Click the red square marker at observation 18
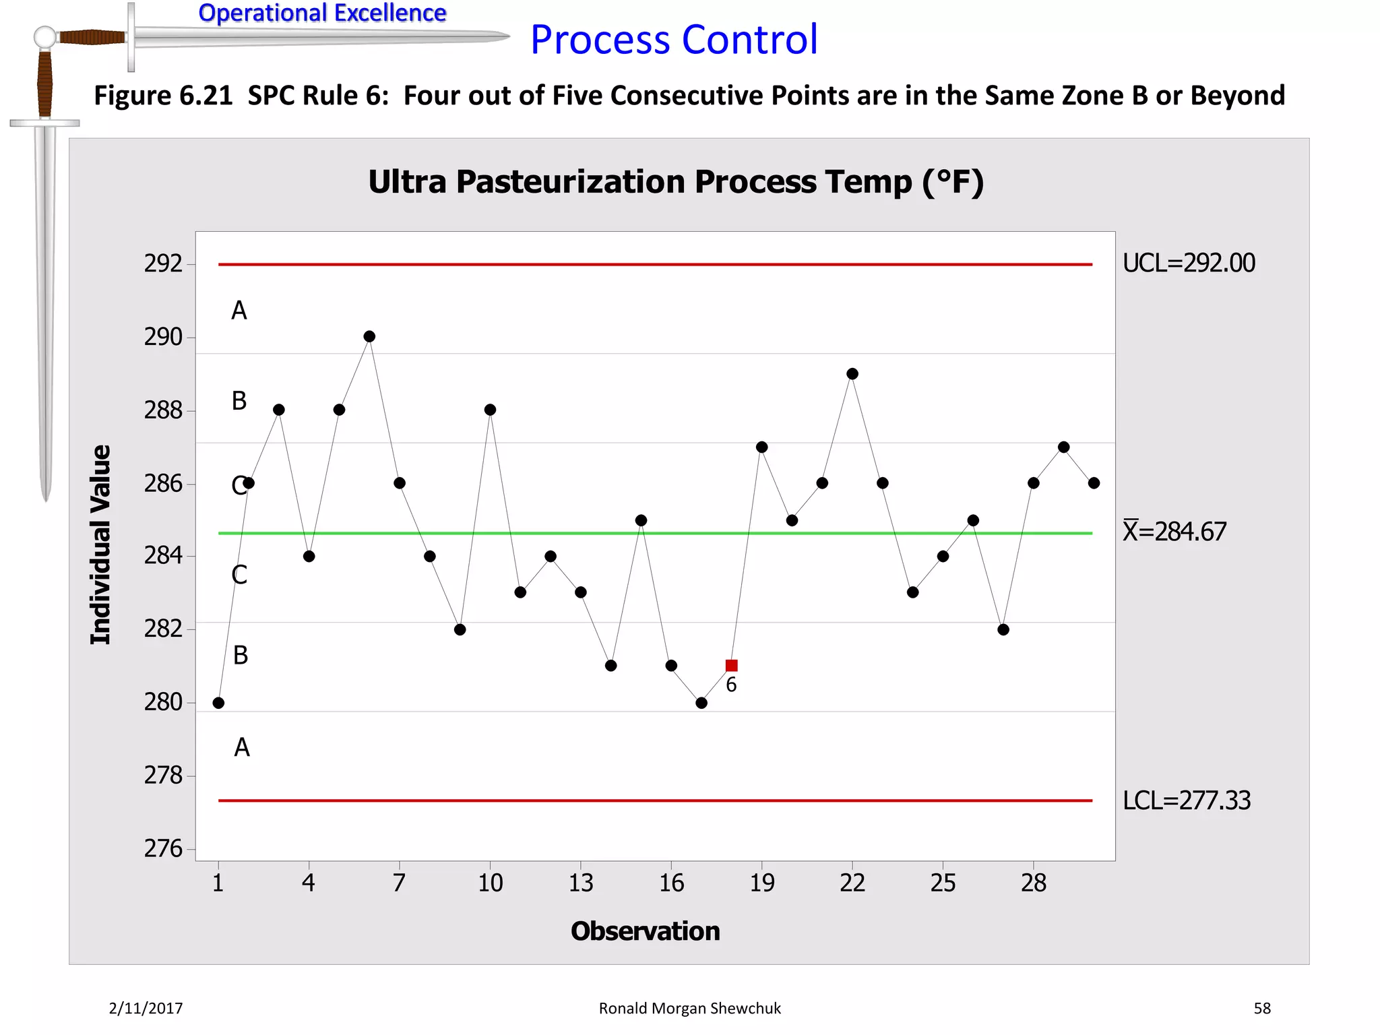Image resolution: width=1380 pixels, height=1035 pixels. point(731,665)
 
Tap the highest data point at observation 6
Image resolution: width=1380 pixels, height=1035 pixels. point(369,336)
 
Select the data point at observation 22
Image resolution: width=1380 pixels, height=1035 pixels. point(852,374)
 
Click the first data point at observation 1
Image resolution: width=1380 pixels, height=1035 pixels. point(218,703)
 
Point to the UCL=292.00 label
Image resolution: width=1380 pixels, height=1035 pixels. point(1189,263)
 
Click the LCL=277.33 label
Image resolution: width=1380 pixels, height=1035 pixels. point(1186,801)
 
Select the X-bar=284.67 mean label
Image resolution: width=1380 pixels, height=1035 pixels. point(1174,532)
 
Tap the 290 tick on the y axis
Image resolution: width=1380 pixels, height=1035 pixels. point(163,337)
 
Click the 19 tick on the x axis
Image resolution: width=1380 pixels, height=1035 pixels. point(762,883)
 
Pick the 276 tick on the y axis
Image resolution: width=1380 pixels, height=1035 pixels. point(163,848)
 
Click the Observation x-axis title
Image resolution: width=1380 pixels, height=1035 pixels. point(645,931)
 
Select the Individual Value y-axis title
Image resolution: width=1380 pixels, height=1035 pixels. point(100,544)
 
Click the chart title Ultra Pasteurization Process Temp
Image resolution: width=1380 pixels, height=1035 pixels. point(676,182)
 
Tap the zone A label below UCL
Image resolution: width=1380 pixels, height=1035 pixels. point(239,311)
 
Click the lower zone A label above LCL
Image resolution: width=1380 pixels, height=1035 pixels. point(242,747)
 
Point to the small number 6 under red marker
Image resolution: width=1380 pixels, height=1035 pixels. point(731,685)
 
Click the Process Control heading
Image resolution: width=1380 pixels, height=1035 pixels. point(674,39)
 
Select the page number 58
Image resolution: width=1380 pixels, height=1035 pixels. point(1261,1008)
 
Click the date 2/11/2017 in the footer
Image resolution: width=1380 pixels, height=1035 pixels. point(146,1008)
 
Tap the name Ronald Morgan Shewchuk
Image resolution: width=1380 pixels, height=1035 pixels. point(689,1008)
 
